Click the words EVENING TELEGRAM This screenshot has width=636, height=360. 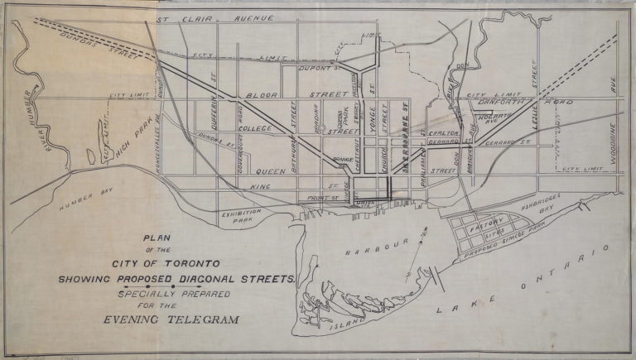pos(171,319)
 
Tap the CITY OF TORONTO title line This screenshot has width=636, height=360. pos(171,264)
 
